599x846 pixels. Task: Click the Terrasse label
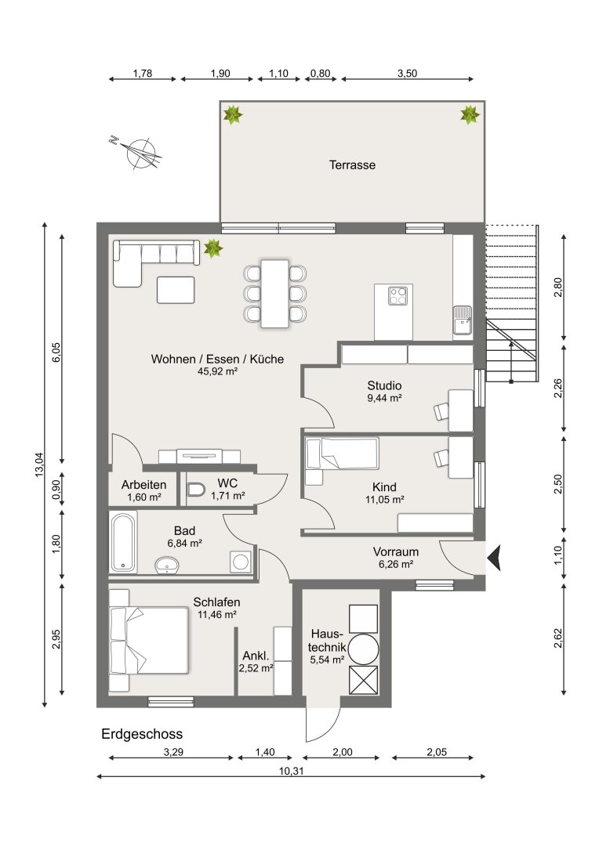(x=352, y=165)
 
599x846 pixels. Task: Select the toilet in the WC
(x=196, y=490)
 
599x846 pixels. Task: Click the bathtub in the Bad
(x=123, y=542)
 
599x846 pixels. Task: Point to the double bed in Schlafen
(x=148, y=640)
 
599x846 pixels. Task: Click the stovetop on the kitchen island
(x=398, y=295)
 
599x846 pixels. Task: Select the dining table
(x=275, y=294)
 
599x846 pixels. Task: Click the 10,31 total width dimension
(x=291, y=771)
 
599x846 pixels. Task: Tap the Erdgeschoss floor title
(x=142, y=734)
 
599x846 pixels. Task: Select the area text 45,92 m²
(x=218, y=371)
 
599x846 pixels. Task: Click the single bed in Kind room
(x=342, y=454)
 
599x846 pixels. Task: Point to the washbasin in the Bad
(x=167, y=565)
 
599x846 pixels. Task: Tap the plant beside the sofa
(x=212, y=248)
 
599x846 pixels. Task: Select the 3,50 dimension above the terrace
(x=407, y=74)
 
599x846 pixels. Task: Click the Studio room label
(x=385, y=385)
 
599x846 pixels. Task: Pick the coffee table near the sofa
(x=176, y=290)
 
